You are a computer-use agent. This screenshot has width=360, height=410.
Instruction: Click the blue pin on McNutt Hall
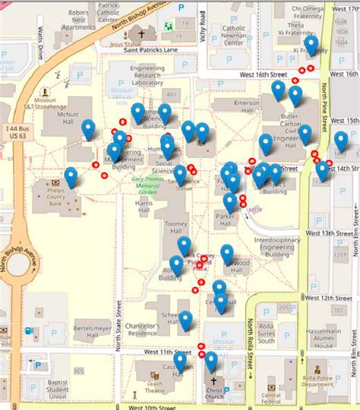tap(88, 130)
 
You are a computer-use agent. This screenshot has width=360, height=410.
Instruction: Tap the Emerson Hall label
tap(228, 103)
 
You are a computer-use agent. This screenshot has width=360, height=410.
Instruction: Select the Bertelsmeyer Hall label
tap(93, 330)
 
